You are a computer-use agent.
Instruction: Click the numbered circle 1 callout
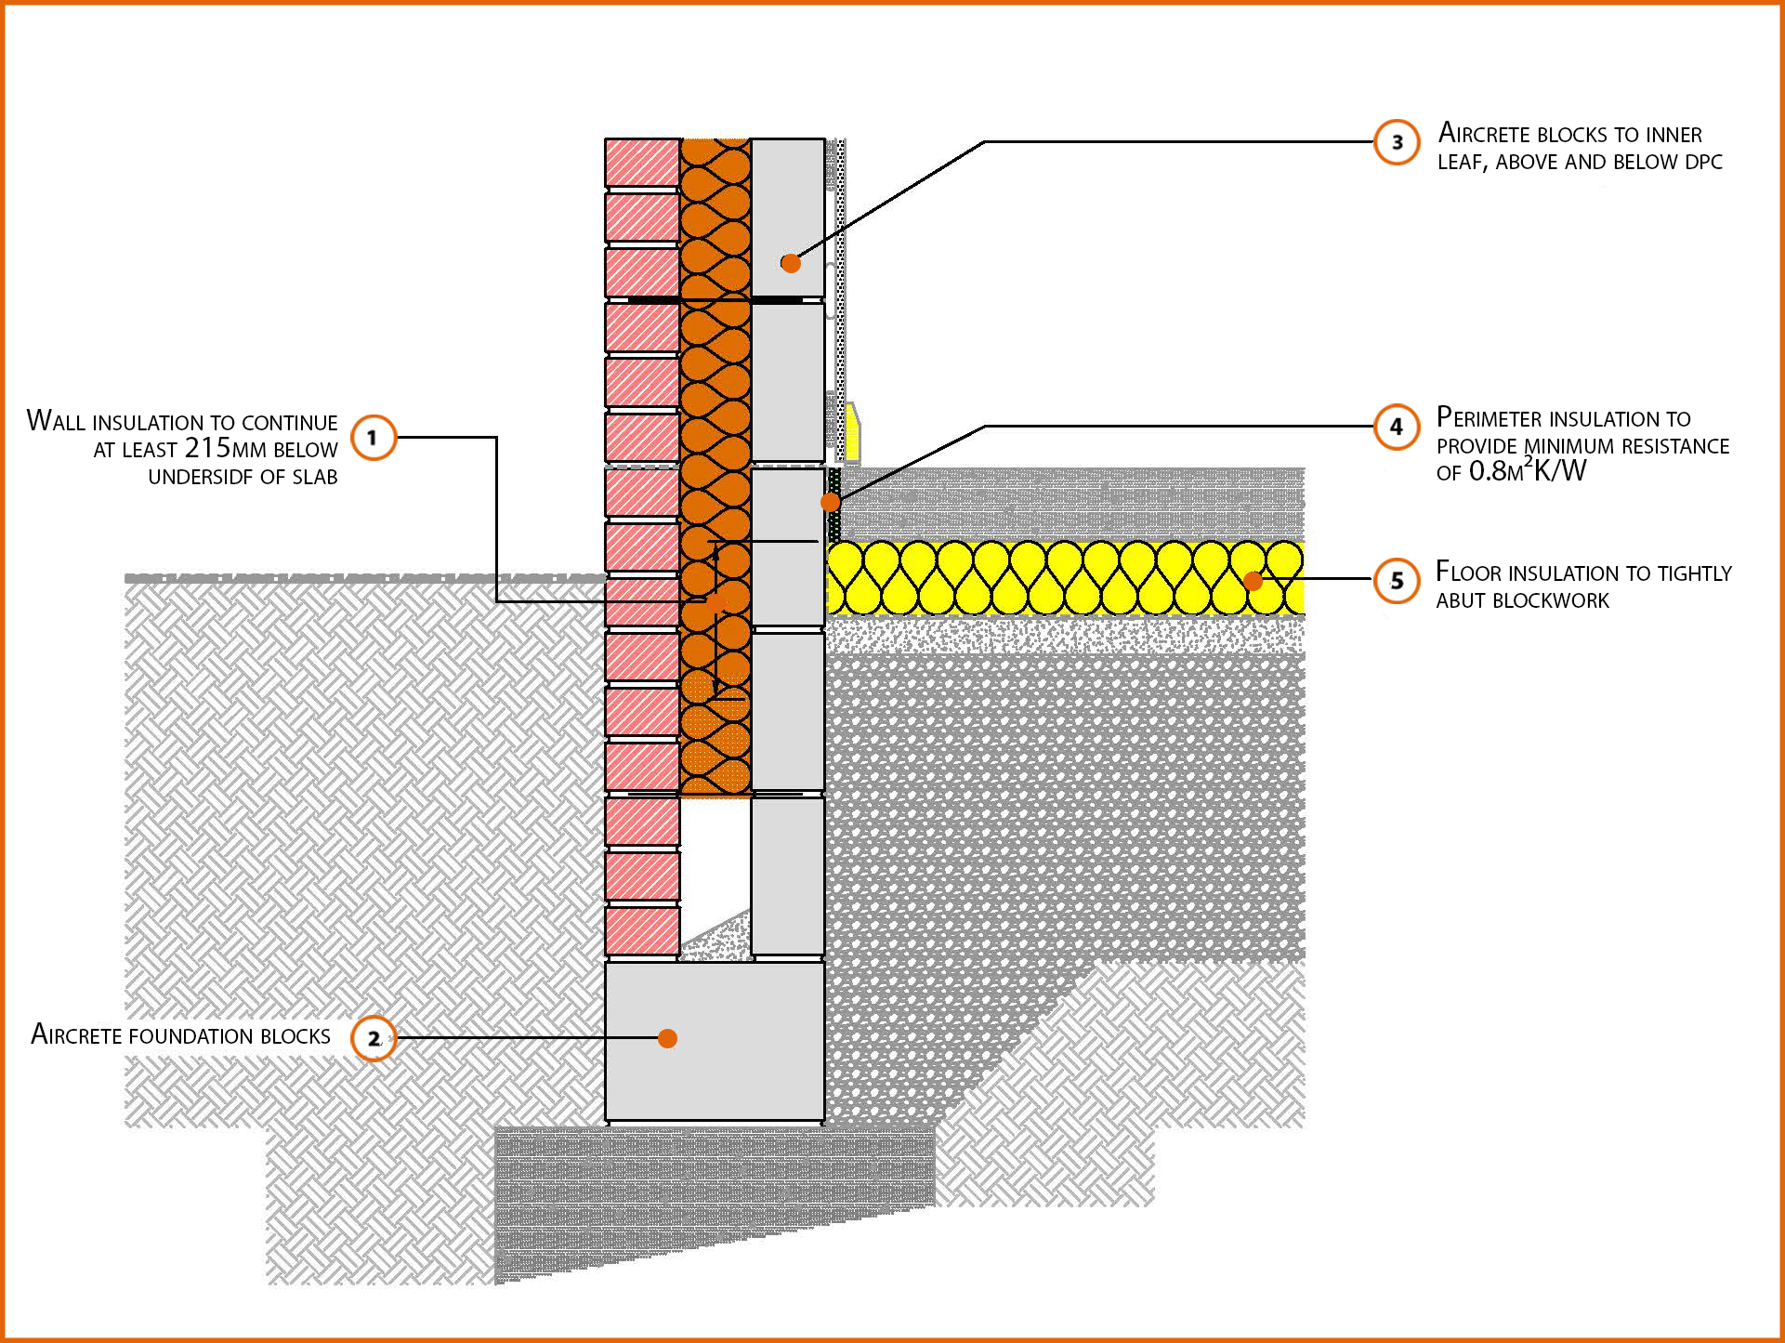374,438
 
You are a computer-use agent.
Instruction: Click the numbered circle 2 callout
374,1038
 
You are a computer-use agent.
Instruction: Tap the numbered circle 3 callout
1397,142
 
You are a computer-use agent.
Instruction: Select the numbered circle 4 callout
1397,427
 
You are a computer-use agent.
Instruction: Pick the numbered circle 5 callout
1397,581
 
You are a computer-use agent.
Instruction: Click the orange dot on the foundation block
667,1038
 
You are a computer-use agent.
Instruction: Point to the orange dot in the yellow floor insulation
1253,581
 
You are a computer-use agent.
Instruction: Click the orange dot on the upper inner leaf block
791,263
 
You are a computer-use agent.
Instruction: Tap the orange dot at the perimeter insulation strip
831,502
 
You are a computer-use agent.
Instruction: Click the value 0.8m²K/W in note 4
1527,471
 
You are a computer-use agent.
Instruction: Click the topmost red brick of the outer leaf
642,163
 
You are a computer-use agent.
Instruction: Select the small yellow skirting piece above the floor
852,432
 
